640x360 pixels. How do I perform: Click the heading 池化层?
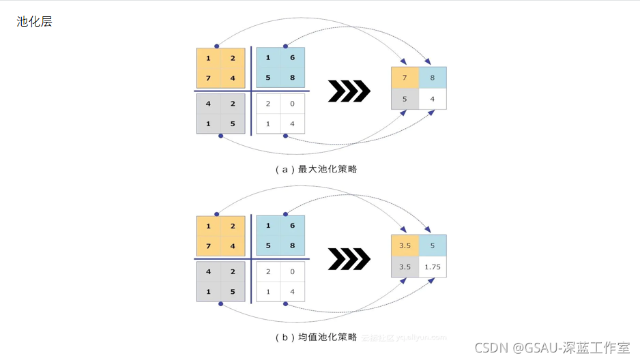[x=34, y=22]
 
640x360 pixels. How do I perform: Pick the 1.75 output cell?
[x=433, y=267]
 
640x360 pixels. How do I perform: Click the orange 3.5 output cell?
[x=405, y=245]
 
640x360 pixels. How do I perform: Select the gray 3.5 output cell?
[x=405, y=267]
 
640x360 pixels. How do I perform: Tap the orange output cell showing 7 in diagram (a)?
[x=405, y=78]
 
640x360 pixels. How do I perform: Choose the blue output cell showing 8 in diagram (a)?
[x=433, y=78]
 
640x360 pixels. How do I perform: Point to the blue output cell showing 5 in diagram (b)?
[x=433, y=245]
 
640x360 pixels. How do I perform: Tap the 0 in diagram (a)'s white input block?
[x=292, y=104]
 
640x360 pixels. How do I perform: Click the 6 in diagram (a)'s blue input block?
[x=292, y=58]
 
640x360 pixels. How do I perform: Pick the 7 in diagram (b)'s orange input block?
[x=208, y=246]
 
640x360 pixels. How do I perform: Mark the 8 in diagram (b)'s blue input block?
[x=292, y=246]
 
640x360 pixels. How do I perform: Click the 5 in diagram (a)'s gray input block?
[x=233, y=123]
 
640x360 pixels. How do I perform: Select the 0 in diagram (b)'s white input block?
[x=292, y=271]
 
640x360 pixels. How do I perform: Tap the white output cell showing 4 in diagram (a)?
[x=433, y=99]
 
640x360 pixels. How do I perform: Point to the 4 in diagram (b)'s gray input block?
[x=208, y=271]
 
